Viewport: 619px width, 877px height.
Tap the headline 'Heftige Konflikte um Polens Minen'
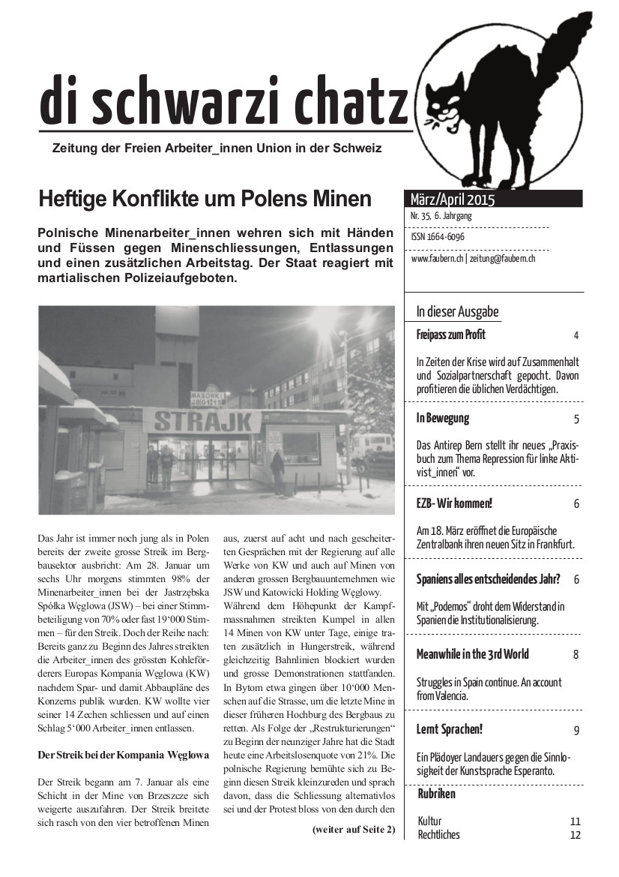click(x=205, y=200)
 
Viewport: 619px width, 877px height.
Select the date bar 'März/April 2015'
click(x=453, y=200)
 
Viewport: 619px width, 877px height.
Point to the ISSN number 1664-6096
click(x=438, y=237)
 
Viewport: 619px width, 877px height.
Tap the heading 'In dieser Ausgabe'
click(x=457, y=311)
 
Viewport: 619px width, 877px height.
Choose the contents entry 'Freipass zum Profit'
click(x=451, y=335)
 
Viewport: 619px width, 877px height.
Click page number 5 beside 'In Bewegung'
click(x=576, y=419)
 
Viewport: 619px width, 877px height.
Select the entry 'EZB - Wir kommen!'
click(x=454, y=503)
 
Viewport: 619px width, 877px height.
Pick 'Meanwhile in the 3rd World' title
click(x=472, y=654)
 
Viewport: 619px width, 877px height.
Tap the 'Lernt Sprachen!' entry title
click(x=450, y=729)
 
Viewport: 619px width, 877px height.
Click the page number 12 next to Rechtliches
click(x=575, y=835)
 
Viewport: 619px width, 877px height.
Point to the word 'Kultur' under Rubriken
click(x=430, y=821)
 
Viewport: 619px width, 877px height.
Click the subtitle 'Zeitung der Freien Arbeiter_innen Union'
click(x=217, y=148)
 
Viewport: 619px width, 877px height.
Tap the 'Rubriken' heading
click(x=436, y=794)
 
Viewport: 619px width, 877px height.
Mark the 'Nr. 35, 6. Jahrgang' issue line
click(x=441, y=216)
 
